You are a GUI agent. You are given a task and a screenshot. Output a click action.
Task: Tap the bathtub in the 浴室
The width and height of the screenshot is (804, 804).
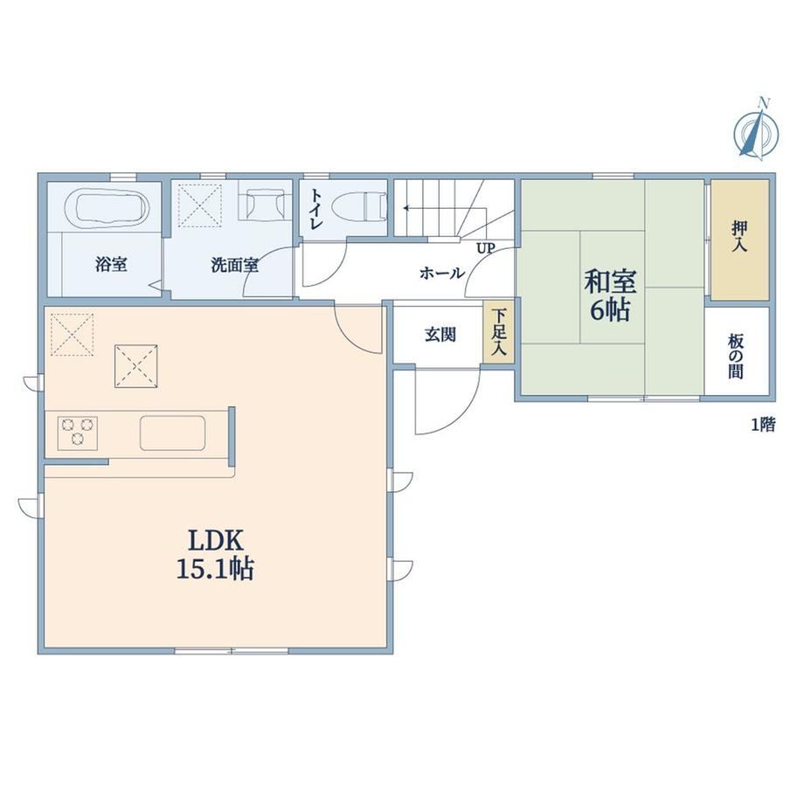[107, 208]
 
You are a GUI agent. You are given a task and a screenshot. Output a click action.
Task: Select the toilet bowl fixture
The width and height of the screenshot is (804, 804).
[359, 208]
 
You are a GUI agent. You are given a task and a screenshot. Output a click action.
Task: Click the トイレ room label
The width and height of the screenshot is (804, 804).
[317, 209]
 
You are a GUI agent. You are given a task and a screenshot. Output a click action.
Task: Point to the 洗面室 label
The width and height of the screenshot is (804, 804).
[234, 265]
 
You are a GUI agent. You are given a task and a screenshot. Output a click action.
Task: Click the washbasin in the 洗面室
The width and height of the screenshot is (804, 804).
[265, 204]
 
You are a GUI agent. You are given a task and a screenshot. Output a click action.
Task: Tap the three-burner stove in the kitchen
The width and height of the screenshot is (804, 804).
[78, 433]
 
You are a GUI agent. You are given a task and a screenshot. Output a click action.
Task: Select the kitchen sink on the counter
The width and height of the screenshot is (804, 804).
[173, 433]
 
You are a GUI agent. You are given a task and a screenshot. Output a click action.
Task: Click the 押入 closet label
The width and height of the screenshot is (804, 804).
[738, 236]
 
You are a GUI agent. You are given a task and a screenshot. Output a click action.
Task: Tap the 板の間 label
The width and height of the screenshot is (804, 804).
[736, 357]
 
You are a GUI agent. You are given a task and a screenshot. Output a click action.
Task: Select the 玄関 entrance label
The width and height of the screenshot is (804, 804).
[440, 335]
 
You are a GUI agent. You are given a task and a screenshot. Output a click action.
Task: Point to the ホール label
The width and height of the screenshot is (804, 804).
[442, 273]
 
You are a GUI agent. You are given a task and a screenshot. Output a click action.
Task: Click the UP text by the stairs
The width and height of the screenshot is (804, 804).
[486, 249]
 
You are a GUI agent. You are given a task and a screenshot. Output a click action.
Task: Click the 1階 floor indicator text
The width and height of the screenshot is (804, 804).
[764, 425]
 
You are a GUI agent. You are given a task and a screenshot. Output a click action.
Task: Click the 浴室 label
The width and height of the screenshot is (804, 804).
[111, 265]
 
